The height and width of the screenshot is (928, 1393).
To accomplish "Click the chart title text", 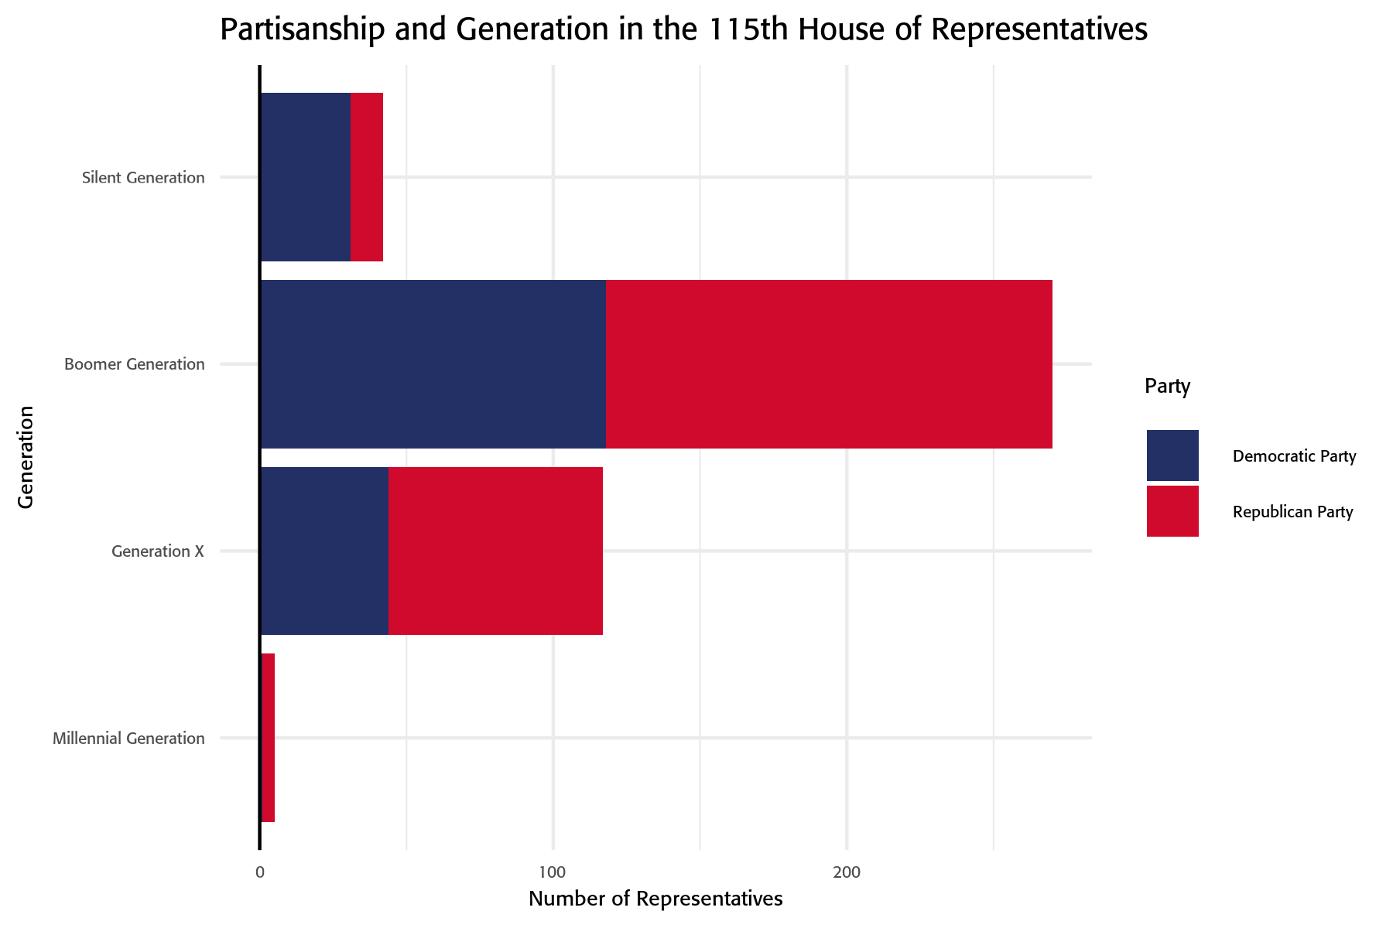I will (683, 29).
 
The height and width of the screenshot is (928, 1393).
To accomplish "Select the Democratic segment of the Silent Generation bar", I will (306, 177).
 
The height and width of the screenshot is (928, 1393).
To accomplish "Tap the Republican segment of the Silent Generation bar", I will (367, 177).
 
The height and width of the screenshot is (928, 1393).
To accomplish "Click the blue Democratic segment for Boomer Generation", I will (433, 363).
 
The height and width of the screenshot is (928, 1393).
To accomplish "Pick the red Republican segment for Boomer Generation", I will (829, 363).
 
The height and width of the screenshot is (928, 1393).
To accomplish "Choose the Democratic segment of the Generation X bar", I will (324, 551).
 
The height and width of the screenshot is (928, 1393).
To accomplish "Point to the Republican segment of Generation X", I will (495, 551).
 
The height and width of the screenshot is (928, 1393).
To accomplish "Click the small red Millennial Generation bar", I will (268, 738).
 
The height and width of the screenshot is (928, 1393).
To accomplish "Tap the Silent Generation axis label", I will (143, 178).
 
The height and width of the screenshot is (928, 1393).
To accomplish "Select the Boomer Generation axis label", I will (135, 364).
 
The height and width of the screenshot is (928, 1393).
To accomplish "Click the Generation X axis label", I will (158, 551).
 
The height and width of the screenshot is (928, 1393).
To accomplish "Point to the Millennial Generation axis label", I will (128, 739).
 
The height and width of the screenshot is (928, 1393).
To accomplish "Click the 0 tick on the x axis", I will (260, 873).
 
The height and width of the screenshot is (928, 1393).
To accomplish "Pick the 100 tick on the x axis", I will (553, 873).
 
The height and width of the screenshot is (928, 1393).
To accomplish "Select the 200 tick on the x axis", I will (847, 873).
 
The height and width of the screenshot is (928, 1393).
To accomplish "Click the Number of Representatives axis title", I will (655, 899).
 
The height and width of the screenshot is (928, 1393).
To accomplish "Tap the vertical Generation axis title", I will (26, 457).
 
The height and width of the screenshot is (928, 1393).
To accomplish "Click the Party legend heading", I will (1167, 386).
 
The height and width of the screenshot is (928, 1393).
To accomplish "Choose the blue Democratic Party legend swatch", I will (1172, 455).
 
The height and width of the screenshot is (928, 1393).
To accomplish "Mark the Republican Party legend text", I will (1292, 512).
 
